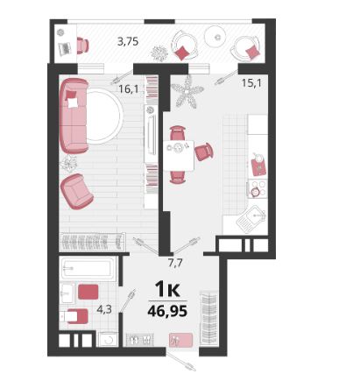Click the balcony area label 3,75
tap(128, 42)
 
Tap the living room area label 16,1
tap(128, 88)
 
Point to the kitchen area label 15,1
tap(251, 83)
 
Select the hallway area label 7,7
tap(175, 264)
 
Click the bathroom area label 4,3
tap(104, 309)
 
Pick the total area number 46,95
tap(167, 311)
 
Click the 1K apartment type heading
tap(167, 289)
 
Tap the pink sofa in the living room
tap(74, 116)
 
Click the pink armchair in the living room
tap(77, 192)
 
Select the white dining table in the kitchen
tap(179, 156)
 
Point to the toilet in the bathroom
tap(74, 316)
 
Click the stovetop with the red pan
tap(258, 189)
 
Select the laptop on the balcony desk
tap(65, 48)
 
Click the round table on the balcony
tap(216, 37)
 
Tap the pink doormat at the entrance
tap(180, 340)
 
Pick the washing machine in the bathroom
tap(109, 340)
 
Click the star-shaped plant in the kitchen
tap(187, 92)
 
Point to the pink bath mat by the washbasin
tap(88, 292)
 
